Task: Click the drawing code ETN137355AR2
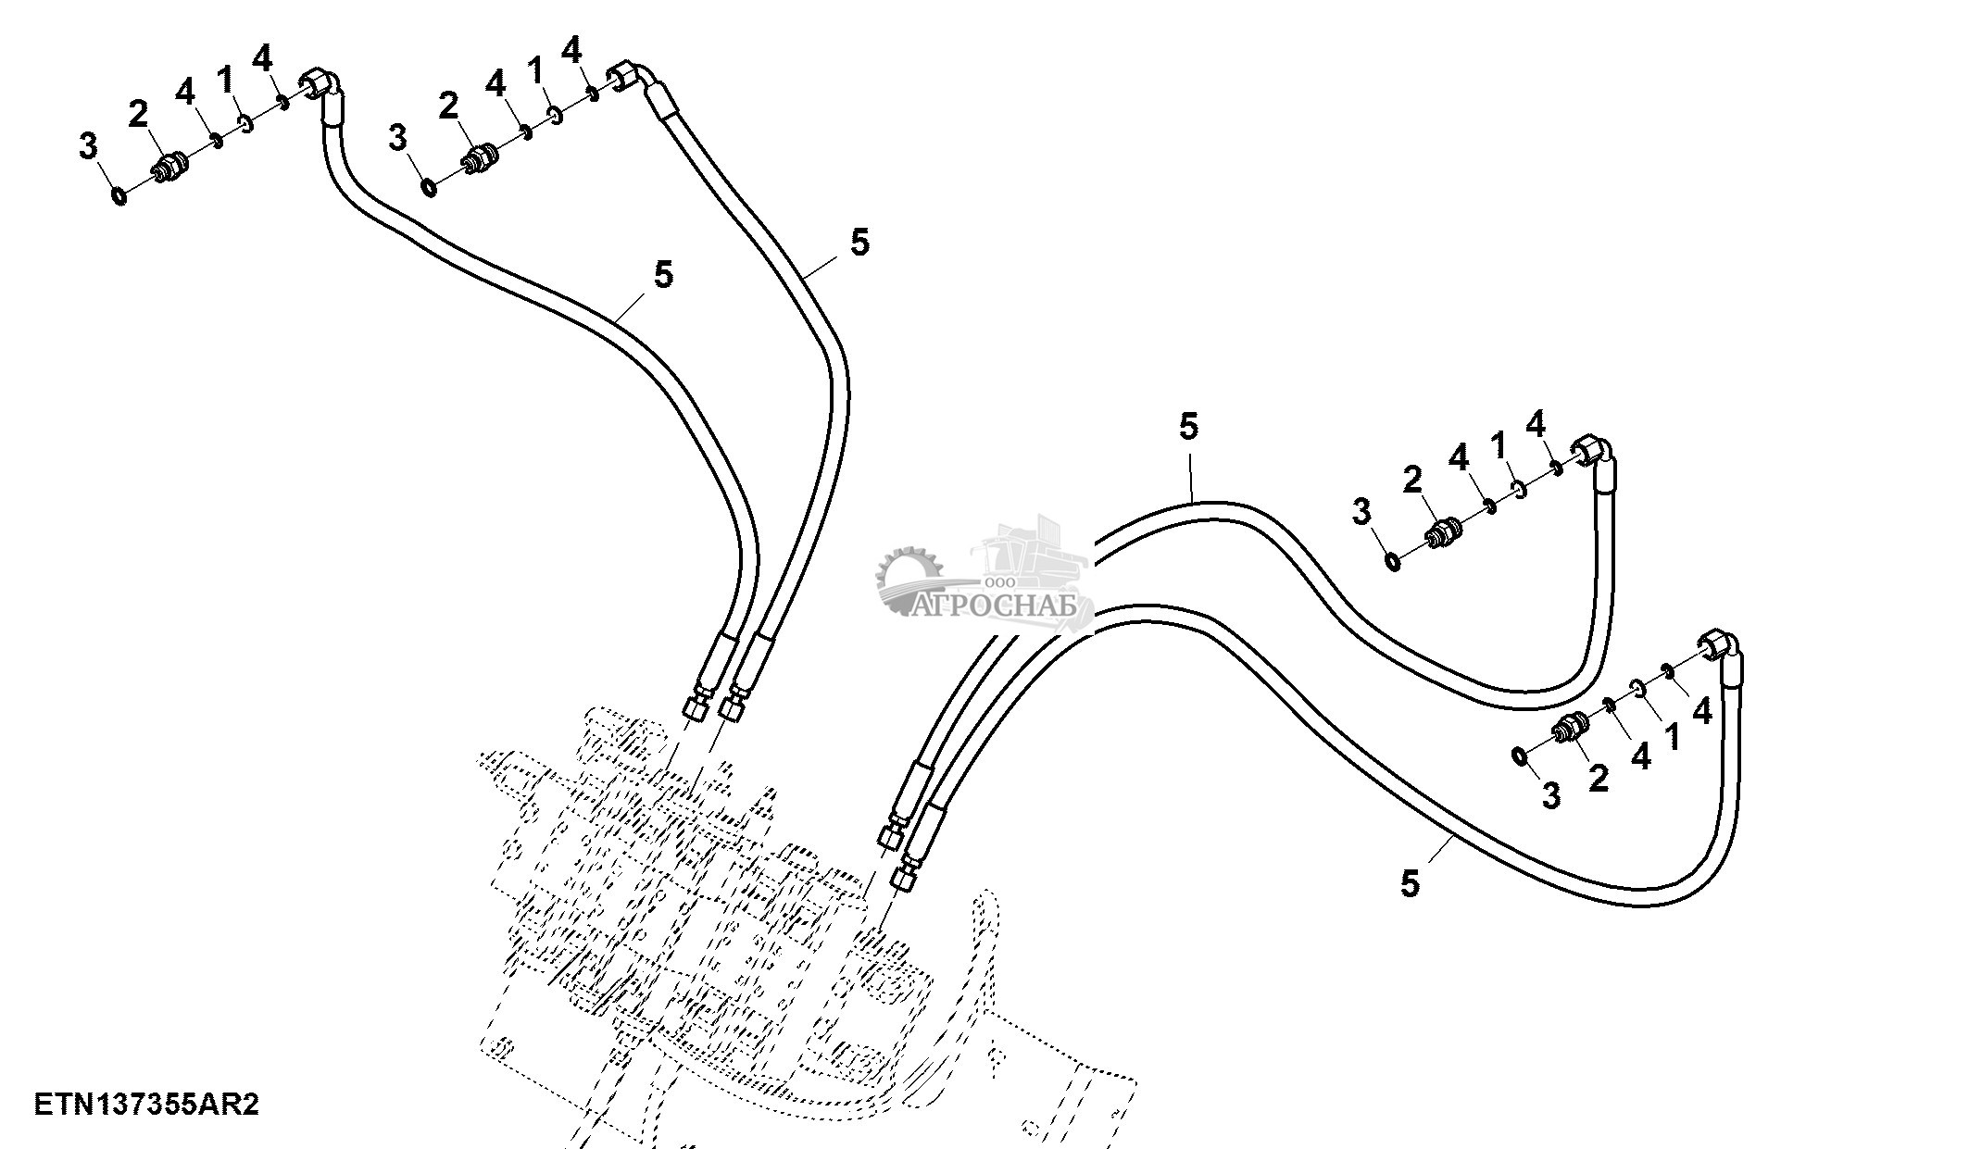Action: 147,1105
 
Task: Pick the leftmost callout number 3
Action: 88,145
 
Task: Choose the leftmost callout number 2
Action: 138,115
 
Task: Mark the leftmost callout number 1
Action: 225,78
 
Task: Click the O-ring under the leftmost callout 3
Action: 119,195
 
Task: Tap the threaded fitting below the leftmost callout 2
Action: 170,169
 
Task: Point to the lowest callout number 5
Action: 1410,883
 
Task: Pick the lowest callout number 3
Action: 1550,795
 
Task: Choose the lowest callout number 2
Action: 1599,778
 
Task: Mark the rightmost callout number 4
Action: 1702,711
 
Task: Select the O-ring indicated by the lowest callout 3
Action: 1520,756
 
